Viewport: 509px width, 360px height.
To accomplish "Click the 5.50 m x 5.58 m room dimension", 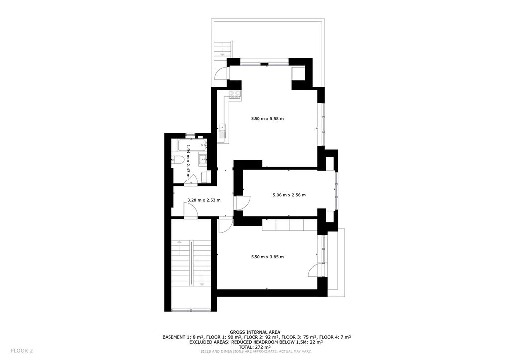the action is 267,119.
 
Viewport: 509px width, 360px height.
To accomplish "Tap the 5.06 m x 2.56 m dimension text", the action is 289,195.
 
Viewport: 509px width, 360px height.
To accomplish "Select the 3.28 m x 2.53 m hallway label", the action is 204,200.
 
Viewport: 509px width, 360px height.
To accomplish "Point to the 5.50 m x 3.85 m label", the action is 267,257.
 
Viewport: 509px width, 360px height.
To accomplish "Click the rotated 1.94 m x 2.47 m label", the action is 188,161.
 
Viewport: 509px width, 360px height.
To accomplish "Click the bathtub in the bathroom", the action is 192,145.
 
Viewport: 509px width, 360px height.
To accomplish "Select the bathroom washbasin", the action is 203,159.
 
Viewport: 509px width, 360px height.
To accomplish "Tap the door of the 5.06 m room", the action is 243,202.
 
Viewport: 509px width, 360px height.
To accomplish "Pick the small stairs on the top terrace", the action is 223,49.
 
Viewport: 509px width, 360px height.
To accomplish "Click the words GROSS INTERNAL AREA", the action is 255,332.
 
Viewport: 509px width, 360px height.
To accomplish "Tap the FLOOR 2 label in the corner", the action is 22,351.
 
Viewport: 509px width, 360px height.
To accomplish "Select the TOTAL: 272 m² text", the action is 255,347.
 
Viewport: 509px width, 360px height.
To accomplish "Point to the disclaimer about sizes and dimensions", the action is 256,351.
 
